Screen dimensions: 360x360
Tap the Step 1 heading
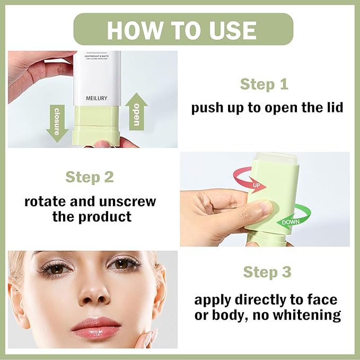pos(265,84)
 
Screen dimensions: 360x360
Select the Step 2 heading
pos(90,177)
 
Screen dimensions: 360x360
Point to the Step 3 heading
pos(267,272)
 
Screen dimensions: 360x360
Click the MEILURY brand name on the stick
pos(96,99)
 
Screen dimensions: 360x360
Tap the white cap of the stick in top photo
pos(96,80)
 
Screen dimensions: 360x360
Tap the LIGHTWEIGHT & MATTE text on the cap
pos(96,56)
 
